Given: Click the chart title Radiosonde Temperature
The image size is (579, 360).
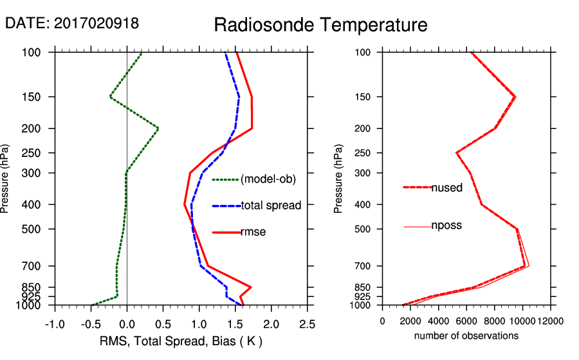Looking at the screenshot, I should pyautogui.click(x=320, y=25).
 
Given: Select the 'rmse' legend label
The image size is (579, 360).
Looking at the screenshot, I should pyautogui.click(x=253, y=232).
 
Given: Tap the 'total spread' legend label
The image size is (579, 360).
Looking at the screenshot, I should pyautogui.click(x=271, y=206).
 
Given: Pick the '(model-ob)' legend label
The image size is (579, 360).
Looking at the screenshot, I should pyautogui.click(x=268, y=179).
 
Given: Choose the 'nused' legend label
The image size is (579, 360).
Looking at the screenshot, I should pyautogui.click(x=446, y=188).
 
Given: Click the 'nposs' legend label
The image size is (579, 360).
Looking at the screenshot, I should pyautogui.click(x=446, y=226).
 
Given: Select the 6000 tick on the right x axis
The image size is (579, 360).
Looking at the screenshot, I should pyautogui.click(x=466, y=321).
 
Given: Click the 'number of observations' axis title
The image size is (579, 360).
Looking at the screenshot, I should pyautogui.click(x=466, y=336).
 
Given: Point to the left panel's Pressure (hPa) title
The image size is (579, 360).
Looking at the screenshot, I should pyautogui.click(x=5, y=178).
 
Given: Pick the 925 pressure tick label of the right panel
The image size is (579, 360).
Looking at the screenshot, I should pyautogui.click(x=364, y=296).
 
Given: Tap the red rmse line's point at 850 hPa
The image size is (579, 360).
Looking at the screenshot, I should pyautogui.click(x=250, y=287).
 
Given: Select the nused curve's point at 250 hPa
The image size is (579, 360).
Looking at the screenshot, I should pyautogui.click(x=457, y=153).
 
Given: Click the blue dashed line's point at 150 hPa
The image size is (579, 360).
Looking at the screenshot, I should pyautogui.click(x=239, y=97).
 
